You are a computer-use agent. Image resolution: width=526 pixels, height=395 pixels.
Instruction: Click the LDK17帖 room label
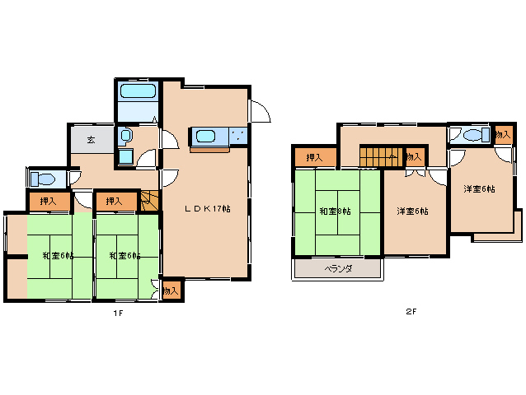point(207,209)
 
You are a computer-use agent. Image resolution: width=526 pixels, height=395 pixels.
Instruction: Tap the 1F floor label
point(118,314)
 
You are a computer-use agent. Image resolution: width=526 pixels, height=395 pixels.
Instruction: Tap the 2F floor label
point(411,312)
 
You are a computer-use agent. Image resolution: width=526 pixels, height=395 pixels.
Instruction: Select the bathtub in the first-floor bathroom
point(139,91)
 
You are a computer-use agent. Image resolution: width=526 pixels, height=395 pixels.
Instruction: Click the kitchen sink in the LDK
point(205,137)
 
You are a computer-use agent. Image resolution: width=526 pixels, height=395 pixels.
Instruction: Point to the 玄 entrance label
point(91,140)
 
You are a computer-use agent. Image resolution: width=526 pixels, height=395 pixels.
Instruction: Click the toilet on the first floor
point(43,179)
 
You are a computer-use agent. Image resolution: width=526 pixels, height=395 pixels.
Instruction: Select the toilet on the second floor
point(477,135)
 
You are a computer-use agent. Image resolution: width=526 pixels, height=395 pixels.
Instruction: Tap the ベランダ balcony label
point(338,268)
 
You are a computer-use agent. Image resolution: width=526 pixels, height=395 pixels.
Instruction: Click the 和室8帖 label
point(335,211)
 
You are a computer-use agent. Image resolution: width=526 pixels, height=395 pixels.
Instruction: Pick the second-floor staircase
point(383,156)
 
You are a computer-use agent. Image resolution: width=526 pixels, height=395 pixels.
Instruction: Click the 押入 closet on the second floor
point(315,157)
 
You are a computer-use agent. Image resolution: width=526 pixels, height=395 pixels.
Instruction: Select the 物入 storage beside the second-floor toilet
point(504,135)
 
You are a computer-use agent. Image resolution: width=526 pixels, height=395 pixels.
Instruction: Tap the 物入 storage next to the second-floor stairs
point(415,156)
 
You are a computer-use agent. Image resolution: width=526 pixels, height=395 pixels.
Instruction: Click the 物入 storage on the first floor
point(171,290)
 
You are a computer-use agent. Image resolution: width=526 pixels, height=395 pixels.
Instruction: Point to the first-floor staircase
point(149,201)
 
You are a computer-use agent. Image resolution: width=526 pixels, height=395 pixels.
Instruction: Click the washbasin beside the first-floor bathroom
point(125,137)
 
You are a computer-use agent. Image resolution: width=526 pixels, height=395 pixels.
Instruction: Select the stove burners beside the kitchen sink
point(238,137)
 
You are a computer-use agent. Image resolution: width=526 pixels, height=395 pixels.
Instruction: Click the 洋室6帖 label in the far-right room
point(479,189)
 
